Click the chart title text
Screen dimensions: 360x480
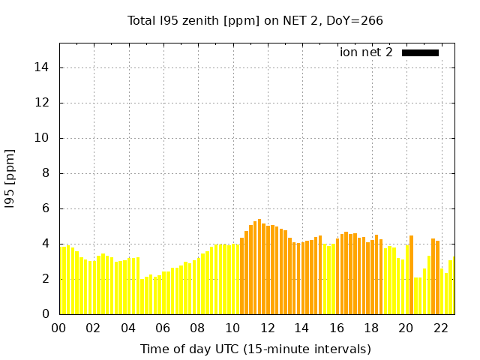tap(255, 20)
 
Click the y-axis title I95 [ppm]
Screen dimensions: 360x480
tap(10, 178)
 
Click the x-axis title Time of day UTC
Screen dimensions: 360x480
tap(255, 349)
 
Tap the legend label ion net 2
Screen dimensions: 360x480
tap(366, 52)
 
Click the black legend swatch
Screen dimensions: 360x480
tap(420, 52)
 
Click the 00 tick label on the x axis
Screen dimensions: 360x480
tap(59, 328)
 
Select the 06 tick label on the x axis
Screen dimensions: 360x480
tap(163, 328)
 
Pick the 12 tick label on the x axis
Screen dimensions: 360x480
tap(267, 328)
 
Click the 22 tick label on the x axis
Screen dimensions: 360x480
tap(440, 328)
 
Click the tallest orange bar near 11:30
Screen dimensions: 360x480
tap(259, 266)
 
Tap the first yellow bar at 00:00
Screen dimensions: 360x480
tap(62, 280)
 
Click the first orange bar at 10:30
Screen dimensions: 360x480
tap(241, 276)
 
